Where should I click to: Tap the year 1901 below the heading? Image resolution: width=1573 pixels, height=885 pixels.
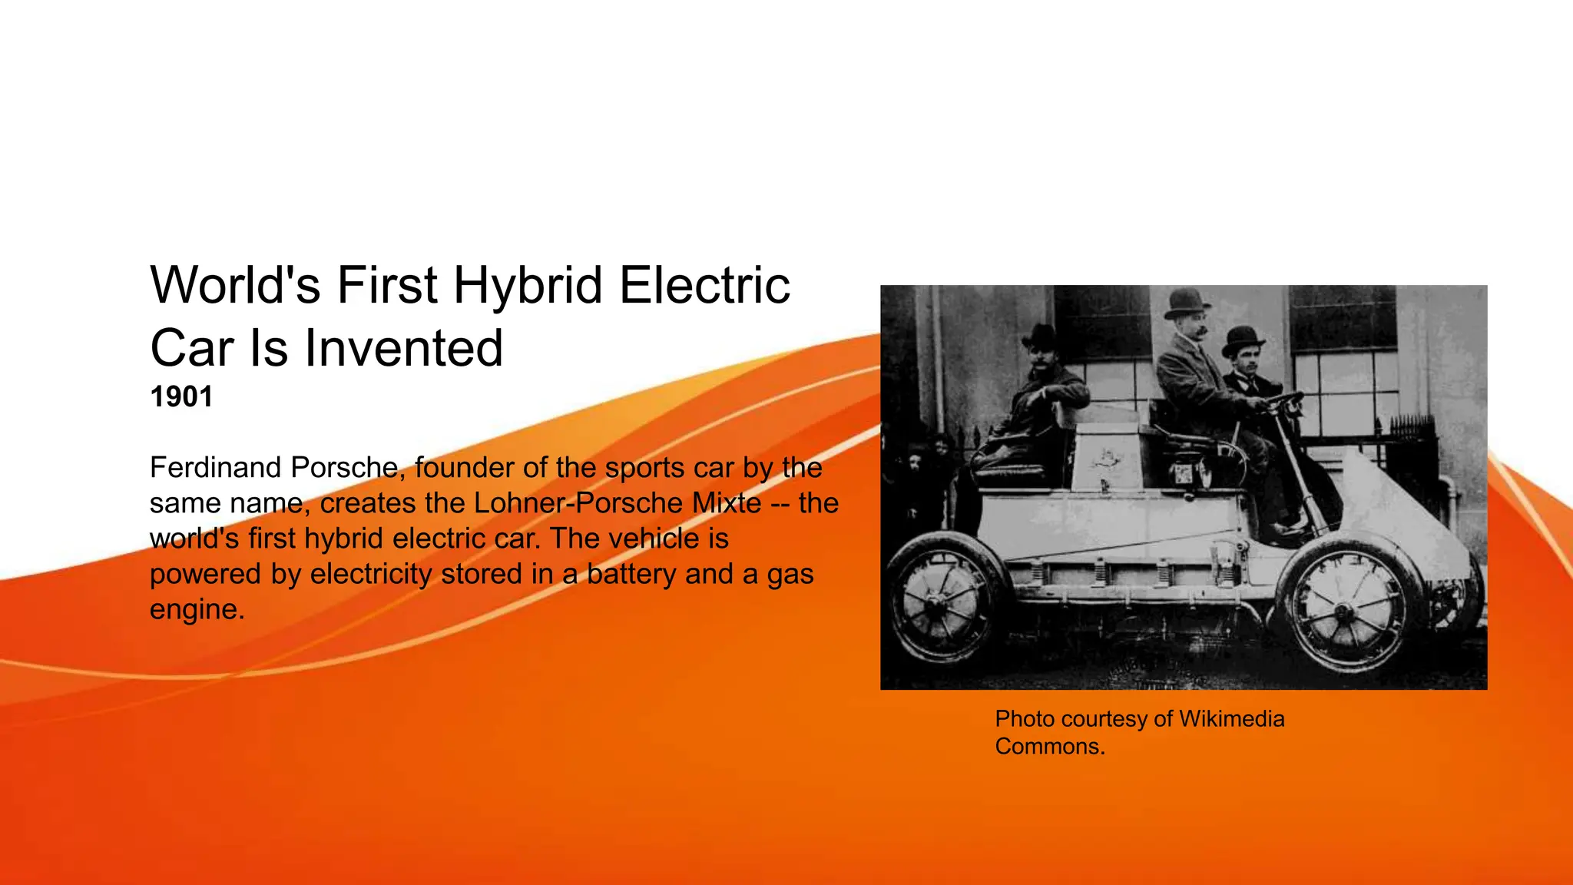point(181,397)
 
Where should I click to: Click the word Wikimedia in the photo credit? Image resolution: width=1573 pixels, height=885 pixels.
point(1231,719)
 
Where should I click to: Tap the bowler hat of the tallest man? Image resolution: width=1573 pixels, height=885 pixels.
point(1187,302)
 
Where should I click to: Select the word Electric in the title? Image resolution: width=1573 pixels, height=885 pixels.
point(704,286)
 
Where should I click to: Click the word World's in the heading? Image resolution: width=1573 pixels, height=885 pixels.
point(235,286)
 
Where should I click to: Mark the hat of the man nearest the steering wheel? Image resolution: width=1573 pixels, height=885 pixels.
point(1242,339)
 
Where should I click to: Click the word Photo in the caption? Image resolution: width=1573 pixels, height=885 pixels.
point(1025,719)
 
